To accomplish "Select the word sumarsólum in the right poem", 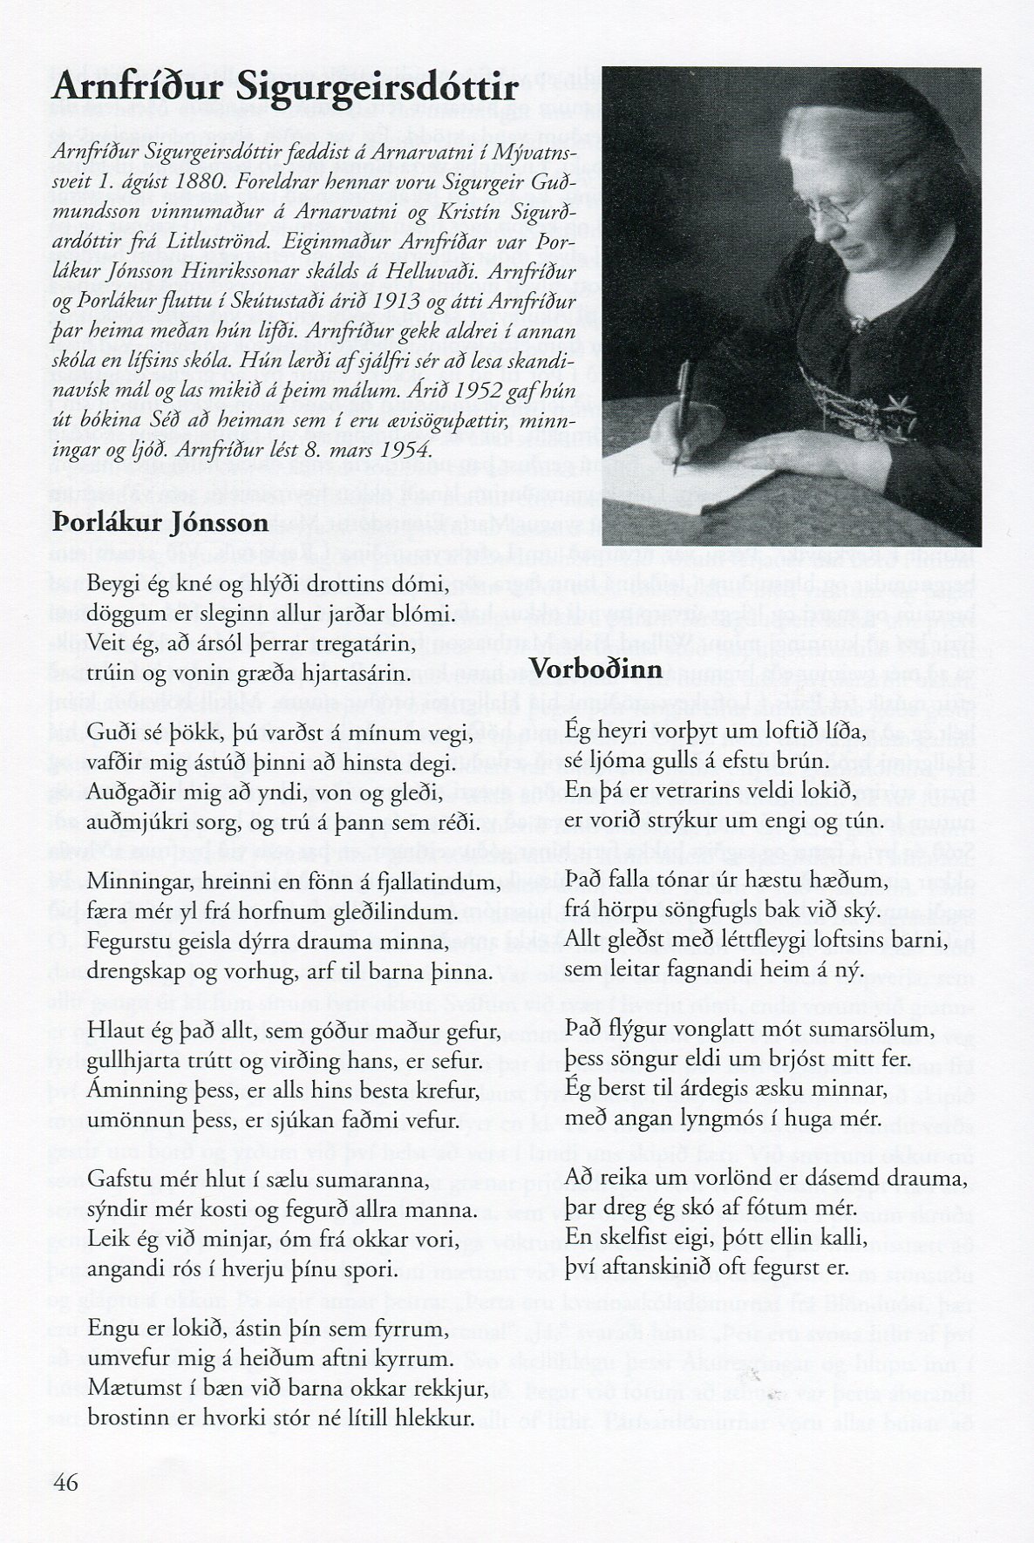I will point(854,1030).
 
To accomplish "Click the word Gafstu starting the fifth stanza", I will point(122,1181).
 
